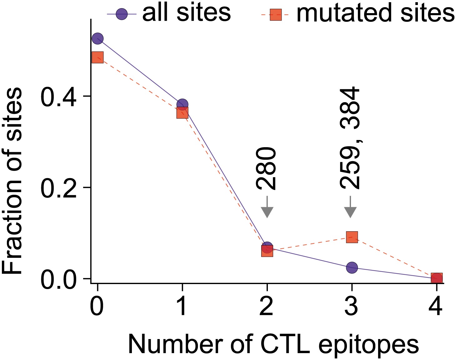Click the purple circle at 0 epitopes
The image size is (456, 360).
[x=98, y=39]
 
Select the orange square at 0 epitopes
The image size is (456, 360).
[x=98, y=57]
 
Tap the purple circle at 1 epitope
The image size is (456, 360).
[x=182, y=105]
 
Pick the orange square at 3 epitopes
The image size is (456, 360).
[x=352, y=237]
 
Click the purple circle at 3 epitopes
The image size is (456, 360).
[x=352, y=267]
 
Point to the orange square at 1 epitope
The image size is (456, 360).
[x=182, y=112]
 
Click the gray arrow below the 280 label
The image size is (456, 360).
[x=267, y=207]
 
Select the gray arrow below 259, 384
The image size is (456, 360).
[x=350, y=207]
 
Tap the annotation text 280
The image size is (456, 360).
[x=266, y=169]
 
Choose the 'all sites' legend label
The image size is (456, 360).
[x=187, y=13]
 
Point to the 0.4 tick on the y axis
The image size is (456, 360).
[x=59, y=97]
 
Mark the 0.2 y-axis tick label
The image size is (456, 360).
[x=59, y=188]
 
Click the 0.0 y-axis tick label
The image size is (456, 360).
[x=59, y=279]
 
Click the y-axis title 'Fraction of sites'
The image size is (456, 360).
[x=13, y=181]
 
